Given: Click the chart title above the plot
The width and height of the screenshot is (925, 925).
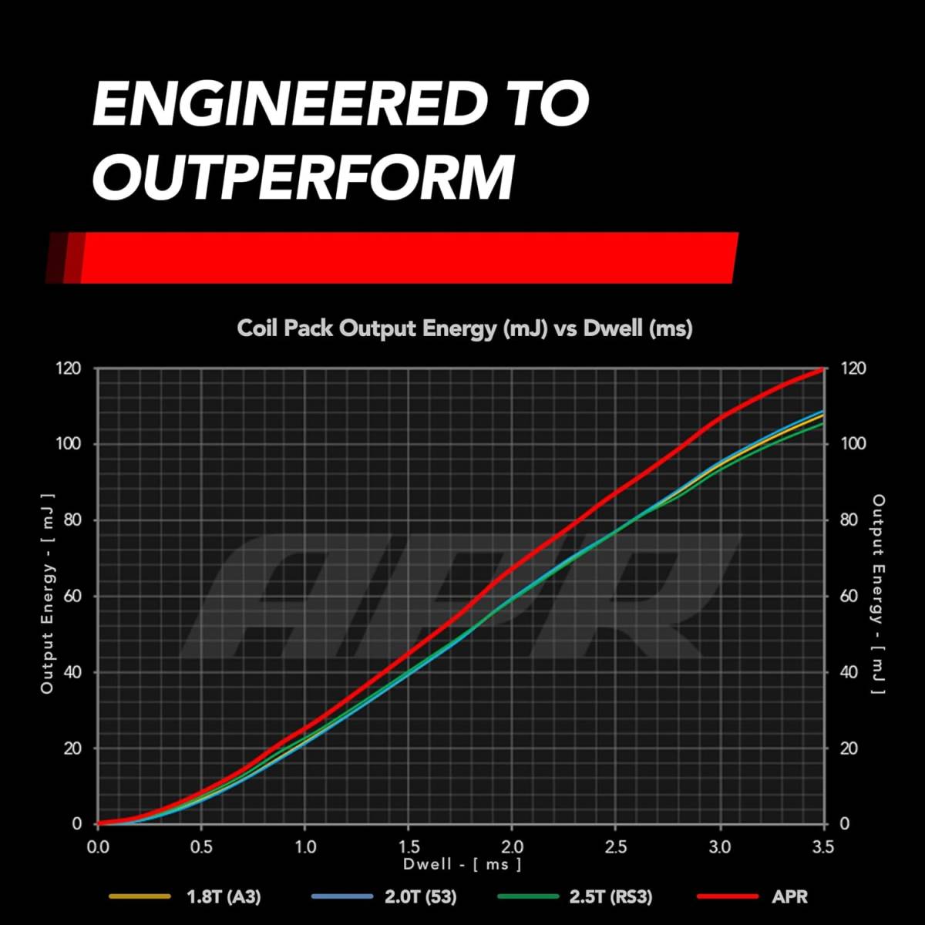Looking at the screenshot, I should pos(464,328).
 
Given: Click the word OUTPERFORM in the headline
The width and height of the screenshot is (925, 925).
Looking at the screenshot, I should pos(303,177).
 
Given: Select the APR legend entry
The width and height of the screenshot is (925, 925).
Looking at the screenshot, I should pos(789,896).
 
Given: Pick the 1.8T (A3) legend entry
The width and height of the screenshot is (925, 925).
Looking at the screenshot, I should pos(224,896).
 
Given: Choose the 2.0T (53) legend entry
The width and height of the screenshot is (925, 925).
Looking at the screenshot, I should pos(420,896).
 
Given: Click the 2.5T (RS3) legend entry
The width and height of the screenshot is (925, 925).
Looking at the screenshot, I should pos(610,896).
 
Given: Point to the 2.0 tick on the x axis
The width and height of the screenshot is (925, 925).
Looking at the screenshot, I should pos(512,846).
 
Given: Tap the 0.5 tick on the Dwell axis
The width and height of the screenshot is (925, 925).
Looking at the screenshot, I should pos(201,846).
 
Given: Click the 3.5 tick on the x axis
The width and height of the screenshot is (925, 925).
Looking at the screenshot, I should pos(822,846).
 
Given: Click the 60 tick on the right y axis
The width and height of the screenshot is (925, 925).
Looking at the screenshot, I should pos(848,596).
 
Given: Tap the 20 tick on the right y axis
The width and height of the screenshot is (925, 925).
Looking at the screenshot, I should pos(848,748).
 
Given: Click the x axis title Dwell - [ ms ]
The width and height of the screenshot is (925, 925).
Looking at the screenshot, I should pos(462,864).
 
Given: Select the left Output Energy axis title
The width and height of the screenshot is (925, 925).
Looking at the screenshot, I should pos(48,594).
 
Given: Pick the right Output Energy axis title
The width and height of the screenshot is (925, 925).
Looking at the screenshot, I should pos(878,594).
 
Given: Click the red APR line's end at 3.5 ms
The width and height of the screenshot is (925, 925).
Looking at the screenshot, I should pos(822,369).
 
